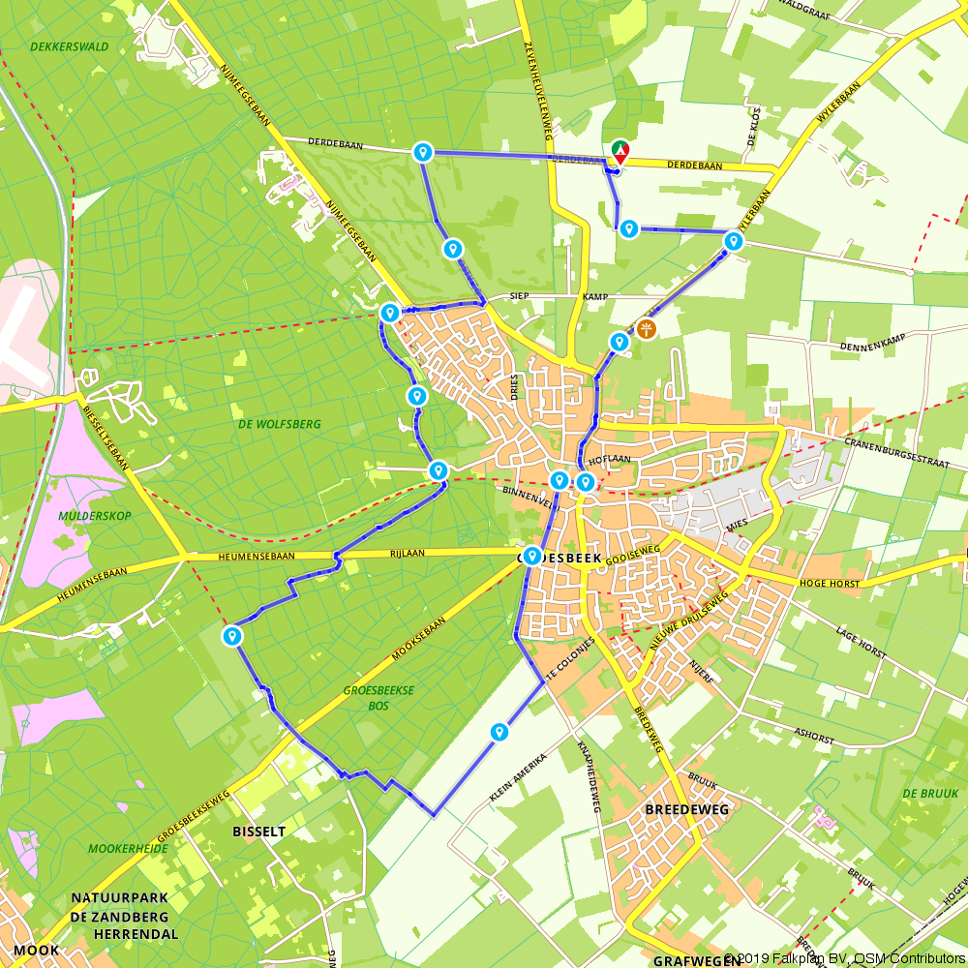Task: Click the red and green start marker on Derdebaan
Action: click(x=620, y=152)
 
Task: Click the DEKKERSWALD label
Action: click(x=69, y=46)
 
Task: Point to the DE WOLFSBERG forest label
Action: click(x=279, y=424)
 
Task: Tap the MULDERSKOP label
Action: click(x=93, y=516)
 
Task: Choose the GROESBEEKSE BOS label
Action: click(x=378, y=699)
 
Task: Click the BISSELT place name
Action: click(x=258, y=832)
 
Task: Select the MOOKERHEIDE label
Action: click(x=128, y=849)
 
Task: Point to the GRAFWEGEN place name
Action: click(x=688, y=961)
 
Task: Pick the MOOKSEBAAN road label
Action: click(x=419, y=640)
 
